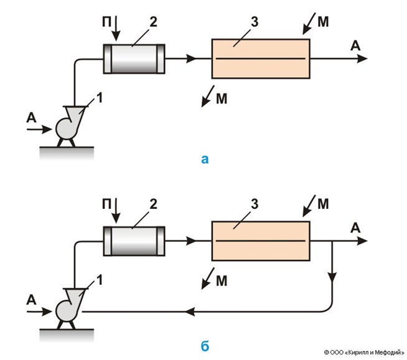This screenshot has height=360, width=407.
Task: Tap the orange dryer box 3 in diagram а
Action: pyautogui.click(x=261, y=59)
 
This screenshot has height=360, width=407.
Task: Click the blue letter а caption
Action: pyautogui.click(x=205, y=160)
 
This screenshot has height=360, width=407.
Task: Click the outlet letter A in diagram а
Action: pyautogui.click(x=355, y=45)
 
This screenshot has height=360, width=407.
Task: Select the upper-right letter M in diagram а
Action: pyautogui.click(x=323, y=23)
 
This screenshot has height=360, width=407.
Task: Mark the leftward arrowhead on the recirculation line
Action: pyautogui.click(x=192, y=310)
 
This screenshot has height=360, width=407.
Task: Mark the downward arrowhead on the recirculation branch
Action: pyautogui.click(x=334, y=277)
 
